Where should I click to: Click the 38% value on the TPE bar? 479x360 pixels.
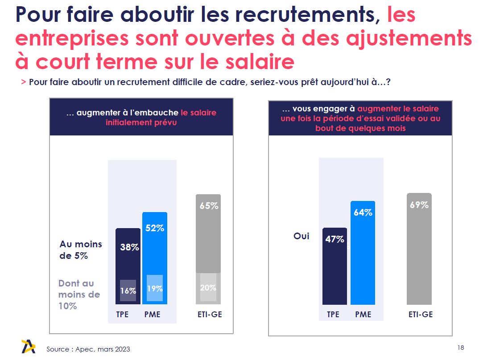129,247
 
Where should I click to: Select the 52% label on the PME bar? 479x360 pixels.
155,228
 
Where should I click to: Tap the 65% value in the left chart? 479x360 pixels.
209,206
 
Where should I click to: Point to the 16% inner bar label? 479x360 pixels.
128,291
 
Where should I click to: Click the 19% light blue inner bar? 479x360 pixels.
155,288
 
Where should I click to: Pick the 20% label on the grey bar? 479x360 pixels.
208,288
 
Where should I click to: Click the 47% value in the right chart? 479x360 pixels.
334,239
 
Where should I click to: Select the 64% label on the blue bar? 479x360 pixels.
363,213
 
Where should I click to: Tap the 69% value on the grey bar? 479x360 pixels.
419,205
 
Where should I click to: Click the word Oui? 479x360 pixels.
301,236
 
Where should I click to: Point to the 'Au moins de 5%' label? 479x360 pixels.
80,250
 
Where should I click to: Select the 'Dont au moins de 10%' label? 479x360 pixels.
79,295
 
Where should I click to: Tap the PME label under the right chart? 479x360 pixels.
363,315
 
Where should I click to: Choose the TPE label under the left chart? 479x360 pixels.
122,315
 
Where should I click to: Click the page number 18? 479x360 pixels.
461,348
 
